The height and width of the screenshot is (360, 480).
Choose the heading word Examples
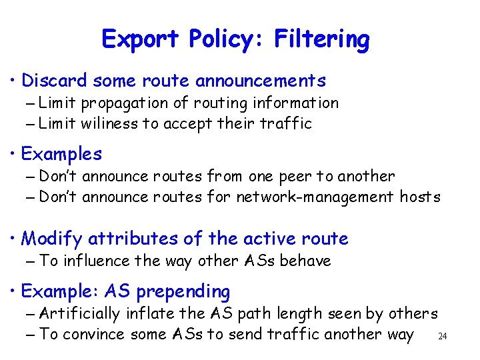[61, 154]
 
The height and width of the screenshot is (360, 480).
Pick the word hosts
[420, 197]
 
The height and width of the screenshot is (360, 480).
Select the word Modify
[52, 238]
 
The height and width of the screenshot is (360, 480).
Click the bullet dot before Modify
[14, 239]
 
